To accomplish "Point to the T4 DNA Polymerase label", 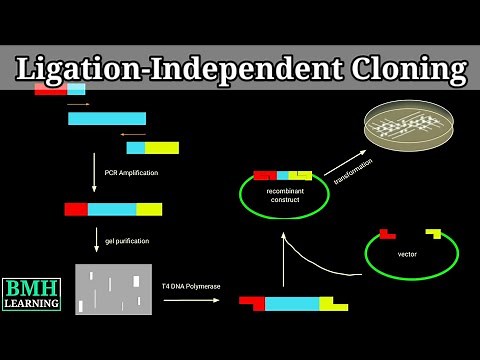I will coord(191,286).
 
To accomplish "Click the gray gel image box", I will coord(113,287).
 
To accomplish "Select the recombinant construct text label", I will coord(285,193).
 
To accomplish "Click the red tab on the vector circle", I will coord(386,234).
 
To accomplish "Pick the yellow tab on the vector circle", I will coord(433,234).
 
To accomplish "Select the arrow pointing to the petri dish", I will coord(344,159).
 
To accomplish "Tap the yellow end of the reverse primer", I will coord(162,147).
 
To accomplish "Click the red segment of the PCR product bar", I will coord(76,209).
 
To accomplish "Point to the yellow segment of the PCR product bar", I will coord(149,209).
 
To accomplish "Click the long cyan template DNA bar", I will coord(107,118).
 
